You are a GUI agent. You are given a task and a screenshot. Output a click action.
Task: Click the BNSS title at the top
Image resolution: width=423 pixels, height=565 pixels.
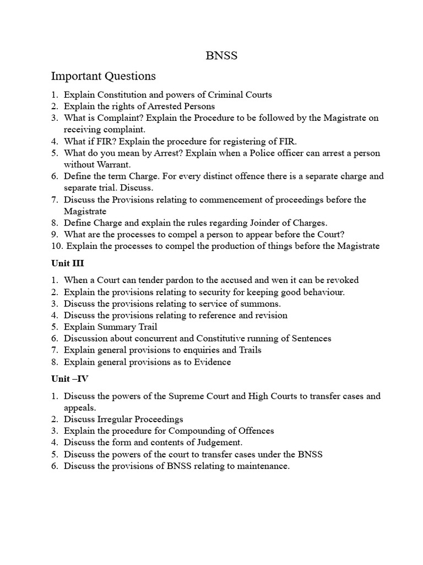pos(221,56)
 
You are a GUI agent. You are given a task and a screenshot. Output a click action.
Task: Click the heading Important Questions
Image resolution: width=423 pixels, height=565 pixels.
pos(104,76)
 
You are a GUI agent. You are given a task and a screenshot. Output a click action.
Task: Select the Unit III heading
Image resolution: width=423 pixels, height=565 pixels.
pos(68,263)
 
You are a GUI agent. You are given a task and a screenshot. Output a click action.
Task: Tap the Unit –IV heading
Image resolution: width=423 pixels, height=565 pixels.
pos(69,379)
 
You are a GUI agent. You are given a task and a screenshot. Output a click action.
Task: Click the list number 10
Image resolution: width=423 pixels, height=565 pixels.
pos(57,246)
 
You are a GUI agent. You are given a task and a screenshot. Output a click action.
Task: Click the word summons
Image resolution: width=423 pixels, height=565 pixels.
pos(263,303)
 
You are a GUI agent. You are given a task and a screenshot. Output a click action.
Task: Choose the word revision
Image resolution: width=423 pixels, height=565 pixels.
pos(269,316)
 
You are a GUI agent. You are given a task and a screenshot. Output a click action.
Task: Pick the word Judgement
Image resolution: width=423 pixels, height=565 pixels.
pos(219,443)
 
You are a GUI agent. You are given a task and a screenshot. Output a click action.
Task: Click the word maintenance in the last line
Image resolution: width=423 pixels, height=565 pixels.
pos(261,466)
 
